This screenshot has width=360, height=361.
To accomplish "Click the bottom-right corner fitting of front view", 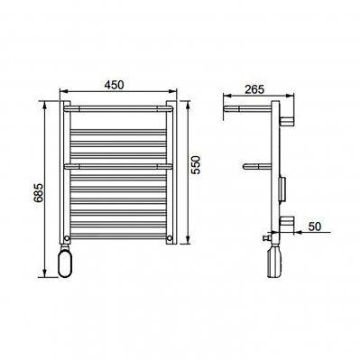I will pyautogui.click(x=169, y=238).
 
